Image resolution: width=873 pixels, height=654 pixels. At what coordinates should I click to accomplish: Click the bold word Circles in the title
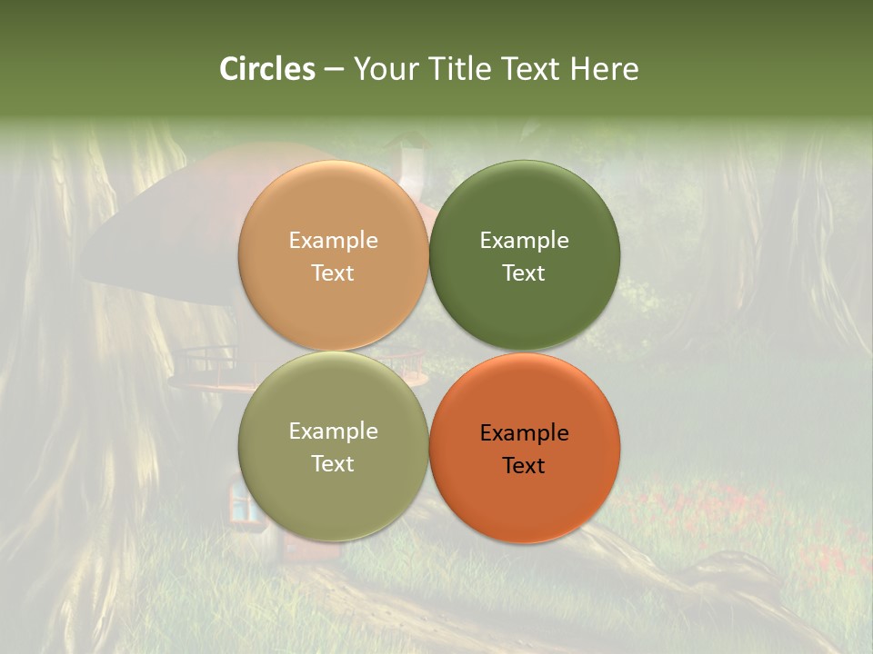[267, 69]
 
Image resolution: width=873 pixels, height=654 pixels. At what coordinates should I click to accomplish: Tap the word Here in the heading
[604, 69]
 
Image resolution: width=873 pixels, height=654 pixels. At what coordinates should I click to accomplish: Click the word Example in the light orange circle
[333, 241]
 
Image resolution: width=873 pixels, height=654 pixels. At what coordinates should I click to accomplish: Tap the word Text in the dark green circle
[524, 272]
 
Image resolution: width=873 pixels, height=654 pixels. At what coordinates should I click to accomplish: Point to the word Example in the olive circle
[333, 431]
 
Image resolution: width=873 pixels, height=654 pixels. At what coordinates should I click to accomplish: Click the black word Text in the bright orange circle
[524, 465]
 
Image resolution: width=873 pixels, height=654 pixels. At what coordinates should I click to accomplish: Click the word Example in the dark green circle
[524, 241]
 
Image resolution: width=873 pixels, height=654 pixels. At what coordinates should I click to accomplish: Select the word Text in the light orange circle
[333, 272]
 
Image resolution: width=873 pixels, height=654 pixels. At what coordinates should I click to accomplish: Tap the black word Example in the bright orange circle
[524, 433]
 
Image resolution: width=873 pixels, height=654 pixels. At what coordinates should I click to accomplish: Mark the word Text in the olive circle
[333, 463]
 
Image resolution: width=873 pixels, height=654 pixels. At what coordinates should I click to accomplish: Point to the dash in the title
[334, 70]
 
